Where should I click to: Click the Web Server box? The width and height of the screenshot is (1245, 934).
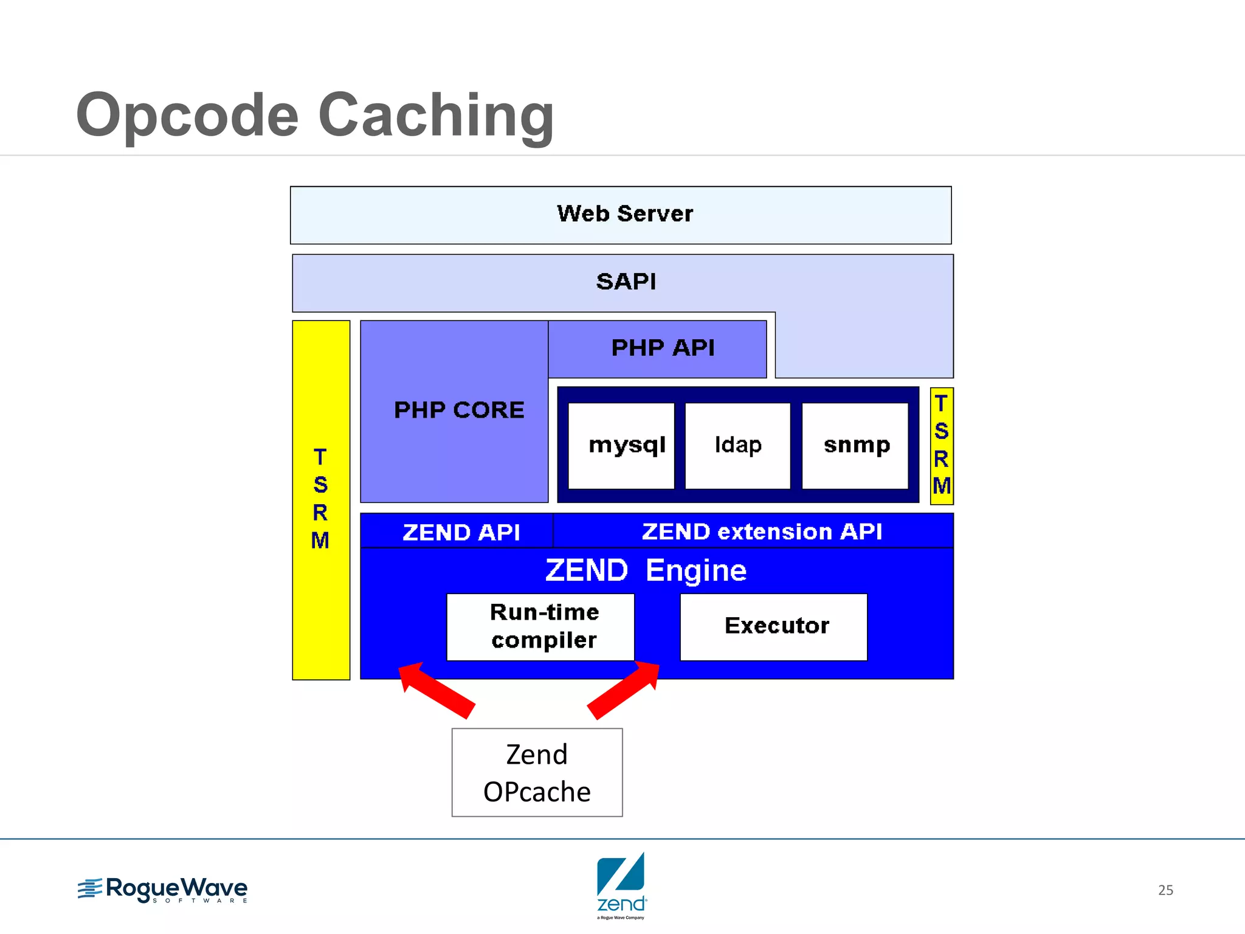(x=621, y=215)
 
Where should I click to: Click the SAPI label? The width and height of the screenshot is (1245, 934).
(x=626, y=282)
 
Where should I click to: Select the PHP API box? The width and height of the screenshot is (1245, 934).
(x=657, y=348)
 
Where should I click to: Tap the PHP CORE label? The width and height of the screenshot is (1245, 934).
(x=459, y=410)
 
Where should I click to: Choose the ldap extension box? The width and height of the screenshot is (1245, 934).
(x=737, y=445)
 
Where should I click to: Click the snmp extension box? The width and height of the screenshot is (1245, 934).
(x=855, y=445)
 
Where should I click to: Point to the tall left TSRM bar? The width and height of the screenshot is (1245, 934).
(x=321, y=499)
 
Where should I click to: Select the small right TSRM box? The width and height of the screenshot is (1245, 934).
(x=942, y=446)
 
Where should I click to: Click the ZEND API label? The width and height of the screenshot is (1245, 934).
(x=461, y=532)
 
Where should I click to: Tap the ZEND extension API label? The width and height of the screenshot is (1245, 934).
(x=761, y=531)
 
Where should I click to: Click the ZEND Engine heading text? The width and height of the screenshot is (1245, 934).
(x=646, y=570)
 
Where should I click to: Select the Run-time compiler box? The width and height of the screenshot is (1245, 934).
(x=540, y=627)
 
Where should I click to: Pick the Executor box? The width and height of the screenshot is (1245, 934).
(x=773, y=627)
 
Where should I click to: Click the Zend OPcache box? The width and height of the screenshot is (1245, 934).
(x=537, y=772)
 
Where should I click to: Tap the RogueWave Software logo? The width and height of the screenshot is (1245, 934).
(x=163, y=890)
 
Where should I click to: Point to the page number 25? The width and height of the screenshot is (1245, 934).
(x=1165, y=890)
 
